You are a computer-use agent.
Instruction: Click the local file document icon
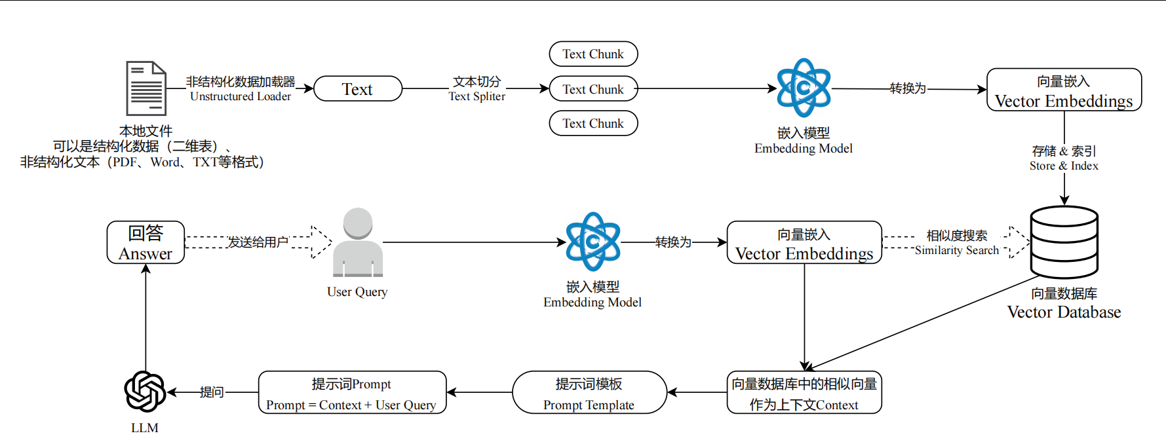(146, 88)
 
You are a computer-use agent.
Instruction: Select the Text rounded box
(358, 89)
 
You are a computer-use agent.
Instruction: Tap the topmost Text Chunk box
(593, 54)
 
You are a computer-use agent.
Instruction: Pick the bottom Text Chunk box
(593, 123)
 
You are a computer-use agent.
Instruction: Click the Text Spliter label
(476, 96)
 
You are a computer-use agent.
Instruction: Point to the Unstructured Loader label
(241, 96)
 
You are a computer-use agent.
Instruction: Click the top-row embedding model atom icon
(804, 88)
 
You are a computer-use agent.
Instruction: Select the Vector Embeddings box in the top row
(1064, 90)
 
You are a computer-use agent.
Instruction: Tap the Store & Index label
(1064, 166)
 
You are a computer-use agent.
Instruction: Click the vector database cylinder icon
(1064, 242)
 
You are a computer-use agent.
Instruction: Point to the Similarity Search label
(957, 250)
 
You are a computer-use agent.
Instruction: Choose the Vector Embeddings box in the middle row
(804, 243)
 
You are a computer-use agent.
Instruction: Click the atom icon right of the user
(593, 242)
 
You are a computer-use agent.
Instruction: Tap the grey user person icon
(358, 243)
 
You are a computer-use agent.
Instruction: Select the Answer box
(146, 243)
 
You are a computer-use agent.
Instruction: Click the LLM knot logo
(145, 392)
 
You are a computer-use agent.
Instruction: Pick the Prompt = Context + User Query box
(352, 393)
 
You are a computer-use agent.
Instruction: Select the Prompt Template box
(589, 393)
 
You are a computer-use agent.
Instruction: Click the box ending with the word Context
(804, 393)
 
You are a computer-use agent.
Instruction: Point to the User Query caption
(357, 292)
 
